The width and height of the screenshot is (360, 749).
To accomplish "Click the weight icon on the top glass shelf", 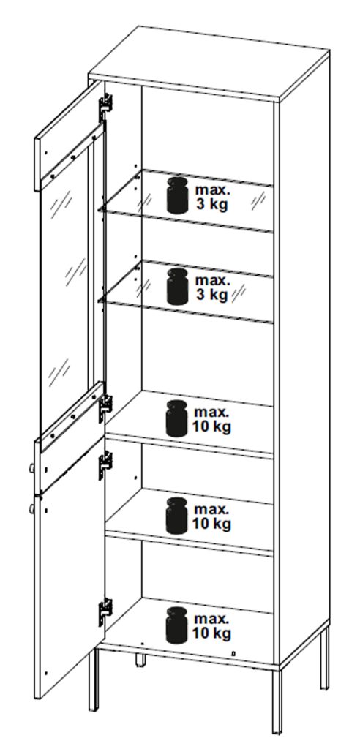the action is (x=177, y=195).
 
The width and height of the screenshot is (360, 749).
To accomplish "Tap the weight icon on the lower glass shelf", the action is (x=177, y=287).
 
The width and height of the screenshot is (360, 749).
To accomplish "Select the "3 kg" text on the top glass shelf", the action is (x=211, y=204).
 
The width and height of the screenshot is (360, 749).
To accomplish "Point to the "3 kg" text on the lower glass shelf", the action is (x=211, y=295).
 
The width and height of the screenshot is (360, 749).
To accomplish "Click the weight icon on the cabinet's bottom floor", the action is (x=176, y=625).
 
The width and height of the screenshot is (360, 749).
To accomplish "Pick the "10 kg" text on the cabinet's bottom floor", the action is (x=211, y=633).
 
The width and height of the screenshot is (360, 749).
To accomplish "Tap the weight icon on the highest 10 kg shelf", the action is (x=176, y=418).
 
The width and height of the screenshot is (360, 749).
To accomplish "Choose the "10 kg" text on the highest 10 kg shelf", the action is (x=211, y=426).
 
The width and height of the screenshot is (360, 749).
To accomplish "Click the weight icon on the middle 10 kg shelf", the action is (x=176, y=516).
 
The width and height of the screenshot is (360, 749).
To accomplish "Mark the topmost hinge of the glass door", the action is (x=105, y=107).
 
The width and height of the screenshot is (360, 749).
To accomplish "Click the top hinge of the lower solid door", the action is (x=105, y=465).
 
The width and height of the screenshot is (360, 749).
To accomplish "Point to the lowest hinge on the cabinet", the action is (x=105, y=612).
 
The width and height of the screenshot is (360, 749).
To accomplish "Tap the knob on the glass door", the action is (x=32, y=469).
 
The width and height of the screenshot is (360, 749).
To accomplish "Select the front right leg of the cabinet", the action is (x=277, y=701).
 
